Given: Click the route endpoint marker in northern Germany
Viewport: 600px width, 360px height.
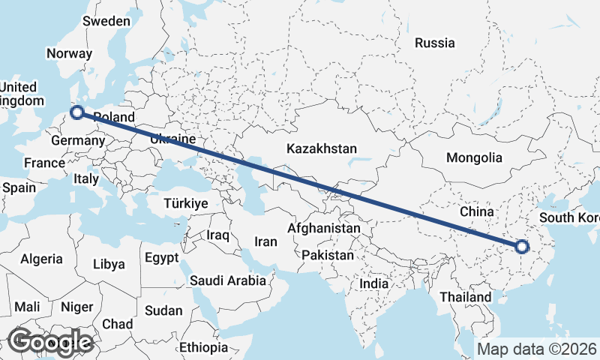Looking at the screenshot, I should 76,113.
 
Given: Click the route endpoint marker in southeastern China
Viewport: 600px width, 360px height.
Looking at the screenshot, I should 522,246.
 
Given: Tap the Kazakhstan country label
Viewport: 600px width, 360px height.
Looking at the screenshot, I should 321,148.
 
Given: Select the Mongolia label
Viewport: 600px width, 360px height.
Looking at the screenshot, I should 474,157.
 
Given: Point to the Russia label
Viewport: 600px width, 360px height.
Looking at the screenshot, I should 435,43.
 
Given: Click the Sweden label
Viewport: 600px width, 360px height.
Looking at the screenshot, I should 106,21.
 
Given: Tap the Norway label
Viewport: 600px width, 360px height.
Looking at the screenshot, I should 69,53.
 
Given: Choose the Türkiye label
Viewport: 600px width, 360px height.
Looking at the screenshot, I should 185,203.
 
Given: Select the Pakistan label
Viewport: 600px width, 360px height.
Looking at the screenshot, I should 327,255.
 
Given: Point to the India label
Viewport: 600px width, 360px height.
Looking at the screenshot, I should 374,284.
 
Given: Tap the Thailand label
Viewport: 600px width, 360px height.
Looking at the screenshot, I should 465,297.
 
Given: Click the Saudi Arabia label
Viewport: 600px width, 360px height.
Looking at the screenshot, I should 228,281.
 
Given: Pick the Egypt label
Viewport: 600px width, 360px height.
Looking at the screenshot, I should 161,258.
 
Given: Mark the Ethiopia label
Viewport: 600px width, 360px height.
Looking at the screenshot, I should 203,348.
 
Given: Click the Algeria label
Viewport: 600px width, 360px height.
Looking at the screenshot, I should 41,259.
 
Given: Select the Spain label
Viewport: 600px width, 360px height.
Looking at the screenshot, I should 19,187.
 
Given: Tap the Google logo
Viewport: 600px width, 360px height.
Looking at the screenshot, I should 50,342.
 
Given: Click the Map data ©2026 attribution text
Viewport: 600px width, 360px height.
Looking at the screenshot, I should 537,349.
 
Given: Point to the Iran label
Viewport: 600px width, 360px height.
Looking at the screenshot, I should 265,241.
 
